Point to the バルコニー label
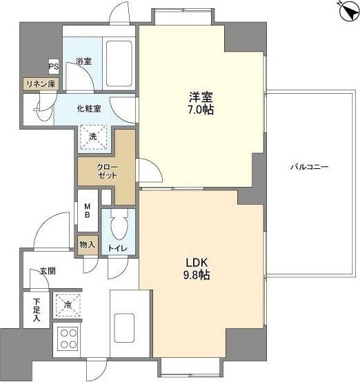[x=308, y=168]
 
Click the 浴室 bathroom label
[x=84, y=61]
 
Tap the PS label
[x=53, y=67]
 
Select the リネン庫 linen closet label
[x=41, y=83]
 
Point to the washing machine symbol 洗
[x=94, y=136]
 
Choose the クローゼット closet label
[x=97, y=170]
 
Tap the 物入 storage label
[x=87, y=245]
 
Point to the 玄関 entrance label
[x=46, y=272]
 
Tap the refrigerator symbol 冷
[x=69, y=303]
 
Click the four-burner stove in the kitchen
[x=69, y=338]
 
